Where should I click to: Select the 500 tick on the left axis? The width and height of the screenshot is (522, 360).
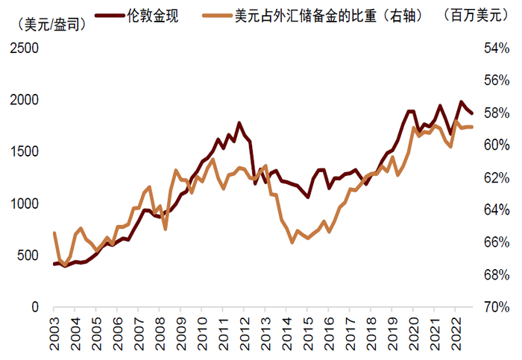pyautogui.click(x=28, y=256)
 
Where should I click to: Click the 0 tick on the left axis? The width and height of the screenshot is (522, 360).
pyautogui.click(x=35, y=307)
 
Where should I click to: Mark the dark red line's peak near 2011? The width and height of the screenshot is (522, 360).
pyautogui.click(x=239, y=123)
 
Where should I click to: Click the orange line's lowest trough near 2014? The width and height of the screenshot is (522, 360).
pyautogui.click(x=292, y=242)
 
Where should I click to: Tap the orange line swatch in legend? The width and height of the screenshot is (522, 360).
pyautogui.click(x=217, y=14)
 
